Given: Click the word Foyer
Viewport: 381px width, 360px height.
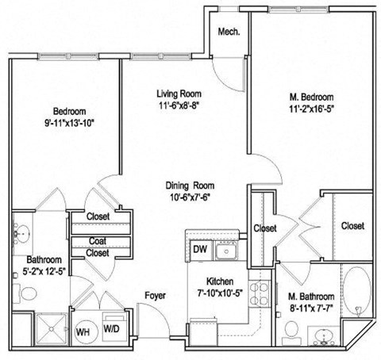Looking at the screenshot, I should [x=155, y=296].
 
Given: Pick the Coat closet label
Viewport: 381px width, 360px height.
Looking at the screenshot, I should [x=98, y=241].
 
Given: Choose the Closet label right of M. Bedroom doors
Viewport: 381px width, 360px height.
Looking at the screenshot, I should [x=352, y=226].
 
